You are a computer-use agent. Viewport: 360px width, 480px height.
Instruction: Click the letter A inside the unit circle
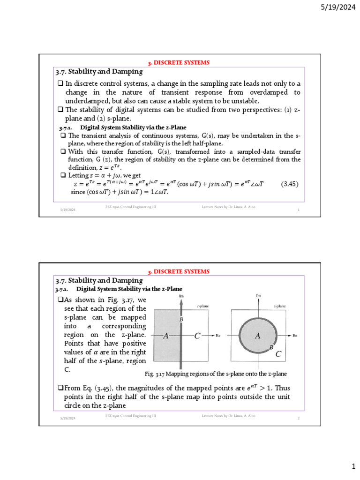click(x=257, y=336)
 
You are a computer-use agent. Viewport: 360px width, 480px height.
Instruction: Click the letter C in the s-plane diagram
click(x=197, y=336)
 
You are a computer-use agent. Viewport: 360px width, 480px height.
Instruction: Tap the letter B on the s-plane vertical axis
click(x=181, y=319)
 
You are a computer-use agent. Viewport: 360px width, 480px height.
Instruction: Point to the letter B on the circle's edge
click(x=271, y=348)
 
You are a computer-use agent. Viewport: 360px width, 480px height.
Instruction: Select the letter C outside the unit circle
click(x=278, y=354)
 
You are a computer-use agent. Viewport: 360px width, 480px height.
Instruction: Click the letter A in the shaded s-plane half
click(x=165, y=336)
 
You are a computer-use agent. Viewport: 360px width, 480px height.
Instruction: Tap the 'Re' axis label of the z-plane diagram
click(x=295, y=336)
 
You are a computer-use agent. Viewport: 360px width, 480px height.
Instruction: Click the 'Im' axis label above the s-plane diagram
click(x=181, y=296)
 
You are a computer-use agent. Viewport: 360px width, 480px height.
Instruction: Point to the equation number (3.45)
click(x=290, y=184)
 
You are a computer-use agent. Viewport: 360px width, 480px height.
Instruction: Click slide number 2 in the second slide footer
click(x=299, y=418)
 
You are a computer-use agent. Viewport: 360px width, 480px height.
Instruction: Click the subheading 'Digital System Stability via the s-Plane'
click(x=133, y=127)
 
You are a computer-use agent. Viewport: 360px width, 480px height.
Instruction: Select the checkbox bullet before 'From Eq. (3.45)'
click(x=60, y=388)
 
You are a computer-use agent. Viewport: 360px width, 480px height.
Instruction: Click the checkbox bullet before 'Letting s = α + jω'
click(x=63, y=175)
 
